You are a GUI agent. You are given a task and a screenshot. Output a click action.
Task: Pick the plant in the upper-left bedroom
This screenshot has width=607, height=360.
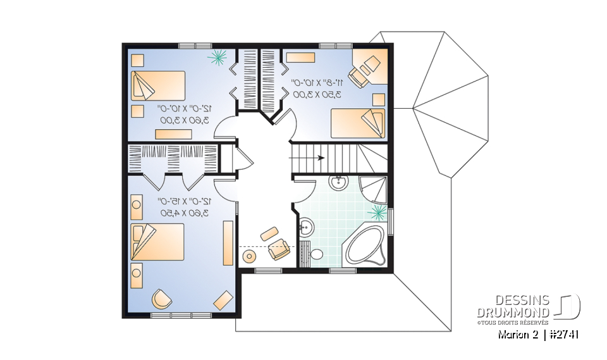(x=218, y=58)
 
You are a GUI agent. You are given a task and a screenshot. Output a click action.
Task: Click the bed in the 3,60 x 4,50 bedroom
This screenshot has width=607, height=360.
(x=158, y=241)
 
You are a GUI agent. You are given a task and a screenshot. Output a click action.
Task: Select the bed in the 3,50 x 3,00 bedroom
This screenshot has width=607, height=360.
(x=357, y=121)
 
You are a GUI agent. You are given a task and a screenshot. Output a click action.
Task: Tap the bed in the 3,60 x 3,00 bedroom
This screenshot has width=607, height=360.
(x=158, y=85)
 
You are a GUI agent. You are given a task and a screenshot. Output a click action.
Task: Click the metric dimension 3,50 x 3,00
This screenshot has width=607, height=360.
(x=316, y=94)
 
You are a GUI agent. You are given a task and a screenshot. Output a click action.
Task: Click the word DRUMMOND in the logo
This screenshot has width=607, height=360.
(x=512, y=313)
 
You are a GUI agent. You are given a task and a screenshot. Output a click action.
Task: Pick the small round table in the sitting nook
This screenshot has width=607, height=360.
(x=249, y=256)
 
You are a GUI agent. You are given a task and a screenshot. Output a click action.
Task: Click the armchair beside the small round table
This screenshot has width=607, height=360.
(x=278, y=250)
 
